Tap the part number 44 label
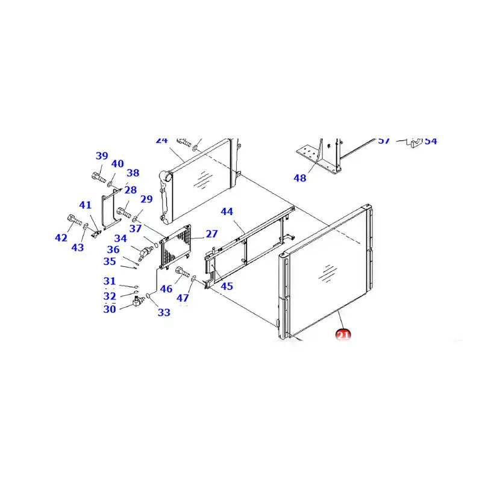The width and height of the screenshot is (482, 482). (x=227, y=212)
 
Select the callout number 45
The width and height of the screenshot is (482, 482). (x=227, y=286)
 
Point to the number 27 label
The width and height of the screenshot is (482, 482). (x=211, y=234)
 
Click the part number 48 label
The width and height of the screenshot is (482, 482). (x=300, y=178)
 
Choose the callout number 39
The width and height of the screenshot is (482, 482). (x=102, y=156)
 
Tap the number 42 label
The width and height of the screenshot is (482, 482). (x=61, y=238)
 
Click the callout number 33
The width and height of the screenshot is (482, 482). (x=164, y=312)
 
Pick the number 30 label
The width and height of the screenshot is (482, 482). (x=109, y=309)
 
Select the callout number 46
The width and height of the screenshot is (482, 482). (x=166, y=289)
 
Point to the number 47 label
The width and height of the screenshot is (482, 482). (x=183, y=298)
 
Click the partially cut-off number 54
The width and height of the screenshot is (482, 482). (x=430, y=141)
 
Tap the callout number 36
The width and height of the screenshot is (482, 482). (x=113, y=250)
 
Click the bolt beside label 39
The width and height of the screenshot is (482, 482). (x=98, y=177)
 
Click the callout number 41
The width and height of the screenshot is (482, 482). (x=86, y=205)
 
